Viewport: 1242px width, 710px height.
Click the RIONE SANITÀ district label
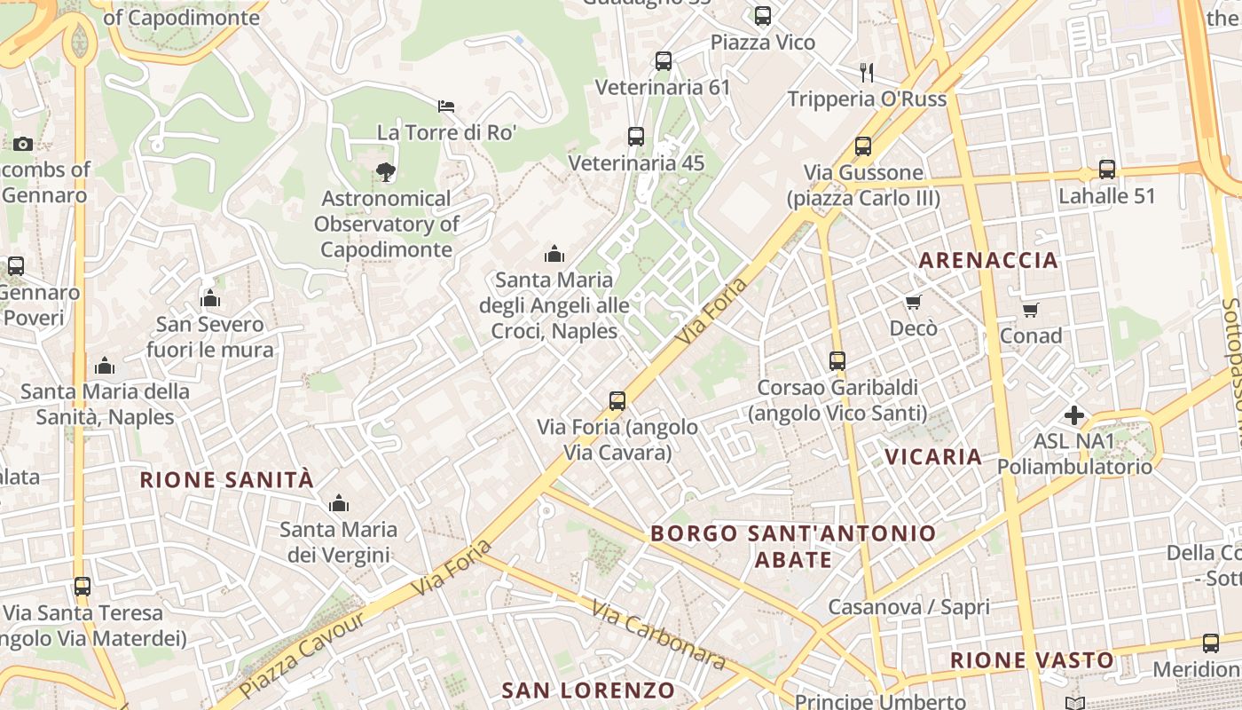point(227,480)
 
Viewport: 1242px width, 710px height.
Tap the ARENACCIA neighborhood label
point(988,260)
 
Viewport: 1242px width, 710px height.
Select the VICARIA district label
point(933,457)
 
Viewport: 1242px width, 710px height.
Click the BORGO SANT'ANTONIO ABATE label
point(793,546)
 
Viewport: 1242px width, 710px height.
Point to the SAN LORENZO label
point(588,690)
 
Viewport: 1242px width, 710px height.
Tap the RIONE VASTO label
point(1032,660)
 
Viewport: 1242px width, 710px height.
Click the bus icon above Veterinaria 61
point(664,61)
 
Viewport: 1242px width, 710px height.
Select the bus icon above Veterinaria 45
point(636,137)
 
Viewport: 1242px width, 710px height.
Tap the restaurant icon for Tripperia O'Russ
point(867,72)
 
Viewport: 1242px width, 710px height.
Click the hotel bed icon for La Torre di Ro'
point(446,106)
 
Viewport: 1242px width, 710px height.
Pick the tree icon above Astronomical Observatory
point(385,172)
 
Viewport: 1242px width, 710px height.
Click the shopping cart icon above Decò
point(913,303)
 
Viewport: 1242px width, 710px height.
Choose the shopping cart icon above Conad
point(1030,310)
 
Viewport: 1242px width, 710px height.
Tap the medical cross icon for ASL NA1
point(1074,414)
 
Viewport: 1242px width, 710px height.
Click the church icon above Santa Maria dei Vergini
point(338,504)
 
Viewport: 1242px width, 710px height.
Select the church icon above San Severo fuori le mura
point(210,298)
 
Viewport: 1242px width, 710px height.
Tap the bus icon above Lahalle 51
point(1107,170)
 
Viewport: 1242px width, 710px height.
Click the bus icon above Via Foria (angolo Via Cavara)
point(617,401)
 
